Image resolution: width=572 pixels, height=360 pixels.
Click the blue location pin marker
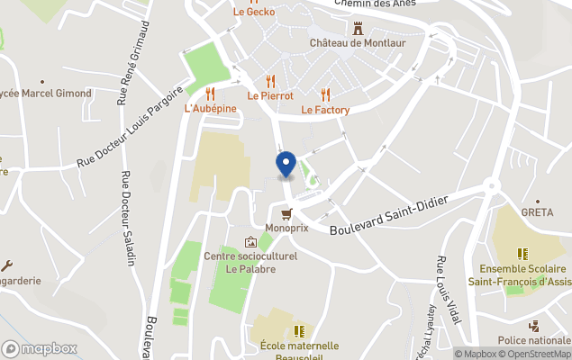click(286, 165)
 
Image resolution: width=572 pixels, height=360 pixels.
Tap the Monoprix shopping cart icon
click(286, 214)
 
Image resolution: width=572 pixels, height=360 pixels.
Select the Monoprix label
click(286, 229)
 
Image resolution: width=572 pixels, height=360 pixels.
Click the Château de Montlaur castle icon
click(359, 28)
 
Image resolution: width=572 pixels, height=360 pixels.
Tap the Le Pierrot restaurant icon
click(270, 80)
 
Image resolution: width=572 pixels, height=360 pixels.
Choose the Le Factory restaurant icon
click(325, 94)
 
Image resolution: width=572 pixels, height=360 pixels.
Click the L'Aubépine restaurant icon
click(210, 94)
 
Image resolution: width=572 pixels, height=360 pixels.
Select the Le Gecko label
click(253, 13)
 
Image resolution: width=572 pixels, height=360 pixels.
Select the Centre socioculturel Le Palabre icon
click(250, 242)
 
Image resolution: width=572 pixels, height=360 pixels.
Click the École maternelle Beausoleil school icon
click(299, 330)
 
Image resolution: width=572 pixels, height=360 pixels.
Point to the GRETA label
click(538, 212)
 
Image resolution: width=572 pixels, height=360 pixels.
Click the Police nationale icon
click(534, 326)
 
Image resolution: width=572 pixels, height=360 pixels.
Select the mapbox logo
click(40, 348)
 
